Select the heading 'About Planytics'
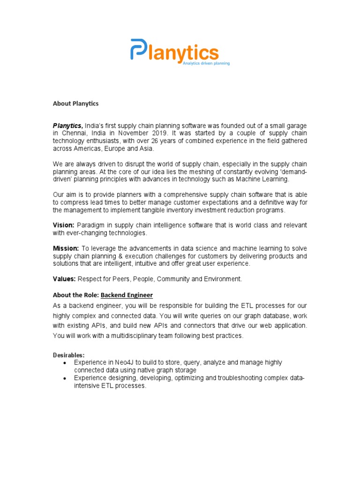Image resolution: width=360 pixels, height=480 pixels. click(x=75, y=103)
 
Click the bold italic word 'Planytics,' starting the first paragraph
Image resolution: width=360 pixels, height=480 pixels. click(x=67, y=126)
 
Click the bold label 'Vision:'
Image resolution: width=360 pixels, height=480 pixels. click(x=63, y=225)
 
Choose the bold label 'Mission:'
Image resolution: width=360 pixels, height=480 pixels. click(x=66, y=248)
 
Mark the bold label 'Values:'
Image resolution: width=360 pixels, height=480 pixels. click(x=64, y=279)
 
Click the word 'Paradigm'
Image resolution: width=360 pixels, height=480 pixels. click(x=91, y=225)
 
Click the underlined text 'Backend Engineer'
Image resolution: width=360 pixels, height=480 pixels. click(x=127, y=295)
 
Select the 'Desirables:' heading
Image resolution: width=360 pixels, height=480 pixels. click(x=68, y=355)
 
